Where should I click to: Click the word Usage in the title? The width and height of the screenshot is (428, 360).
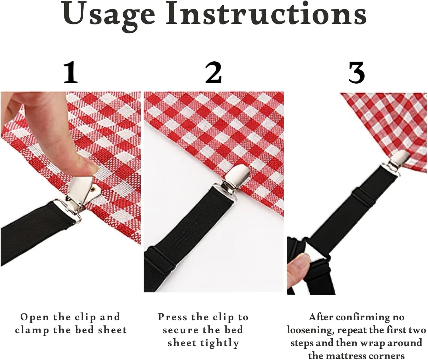point(109,14)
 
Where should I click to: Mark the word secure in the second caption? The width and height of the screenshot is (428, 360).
point(180,330)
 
